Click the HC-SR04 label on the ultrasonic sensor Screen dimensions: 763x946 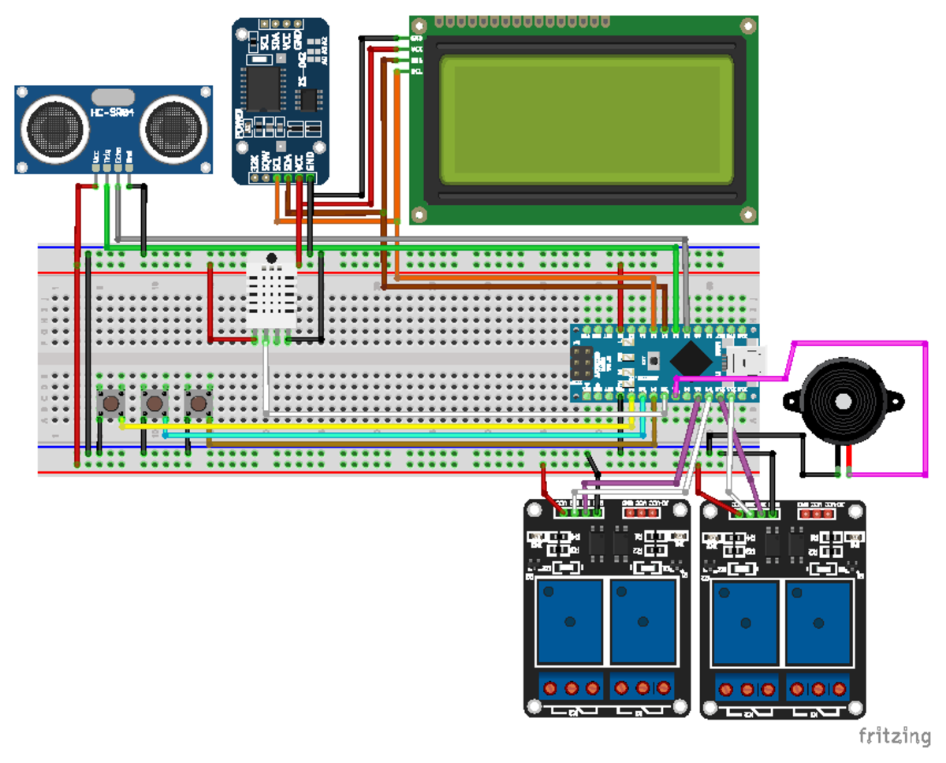pyautogui.click(x=113, y=113)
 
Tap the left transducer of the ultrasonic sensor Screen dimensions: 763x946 pyautogui.click(x=54, y=125)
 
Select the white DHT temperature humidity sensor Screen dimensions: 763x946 pyautogui.click(x=270, y=296)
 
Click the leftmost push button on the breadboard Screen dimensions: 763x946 pyautogui.click(x=111, y=404)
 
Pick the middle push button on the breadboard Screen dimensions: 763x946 pyautogui.click(x=155, y=404)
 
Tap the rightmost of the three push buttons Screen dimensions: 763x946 pyautogui.click(x=199, y=404)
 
